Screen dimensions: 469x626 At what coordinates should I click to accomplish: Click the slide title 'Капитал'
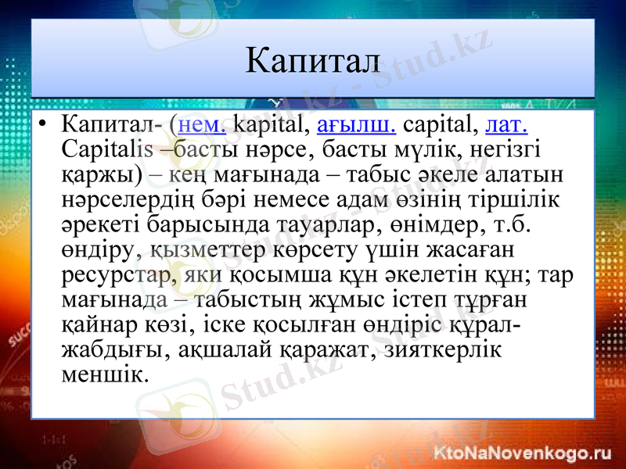click(312, 60)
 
